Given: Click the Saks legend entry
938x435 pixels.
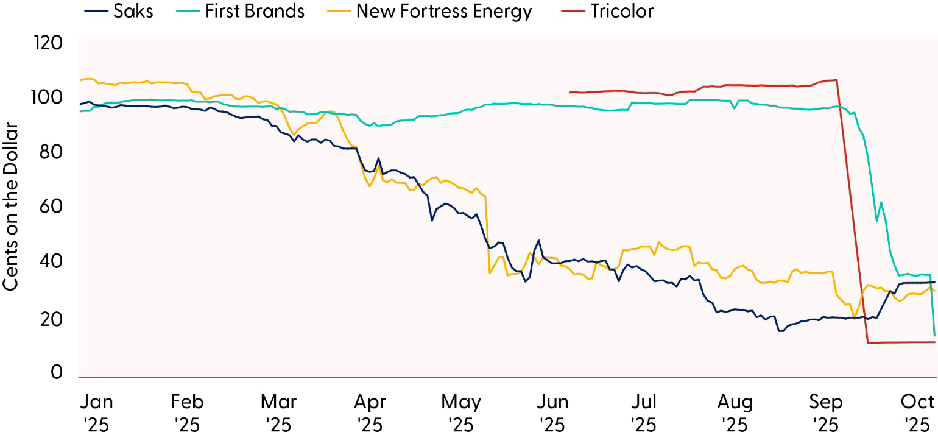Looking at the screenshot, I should [x=132, y=11].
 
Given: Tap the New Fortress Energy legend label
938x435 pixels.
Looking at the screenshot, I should [x=444, y=11].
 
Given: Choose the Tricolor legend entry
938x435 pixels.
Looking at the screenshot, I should [x=621, y=11].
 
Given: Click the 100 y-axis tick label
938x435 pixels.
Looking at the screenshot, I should [x=49, y=97].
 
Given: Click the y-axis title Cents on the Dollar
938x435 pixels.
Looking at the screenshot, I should [x=12, y=207].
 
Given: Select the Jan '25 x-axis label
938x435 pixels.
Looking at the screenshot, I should [x=97, y=412].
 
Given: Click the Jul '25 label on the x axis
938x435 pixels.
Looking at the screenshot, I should [x=644, y=412].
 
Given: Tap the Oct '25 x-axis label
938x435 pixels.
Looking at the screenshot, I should [x=918, y=412].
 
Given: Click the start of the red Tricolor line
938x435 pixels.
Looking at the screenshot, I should [x=569, y=93].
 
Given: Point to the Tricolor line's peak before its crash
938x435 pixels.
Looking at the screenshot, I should [x=836, y=80].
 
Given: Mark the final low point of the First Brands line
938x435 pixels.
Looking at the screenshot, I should [x=934, y=336].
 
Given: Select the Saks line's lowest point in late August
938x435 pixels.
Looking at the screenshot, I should [x=780, y=331].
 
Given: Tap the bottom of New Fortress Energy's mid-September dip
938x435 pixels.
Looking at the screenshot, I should [x=855, y=317].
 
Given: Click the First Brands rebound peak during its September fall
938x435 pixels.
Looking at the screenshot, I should [x=881, y=202].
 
